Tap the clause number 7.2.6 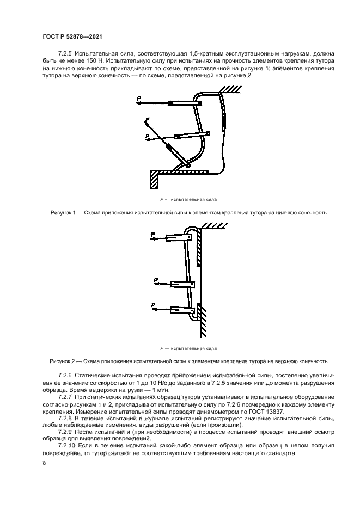click(x=65, y=376)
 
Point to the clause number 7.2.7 click(x=65, y=397)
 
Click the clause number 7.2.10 click(x=67, y=445)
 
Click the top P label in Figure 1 click(x=139, y=97)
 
